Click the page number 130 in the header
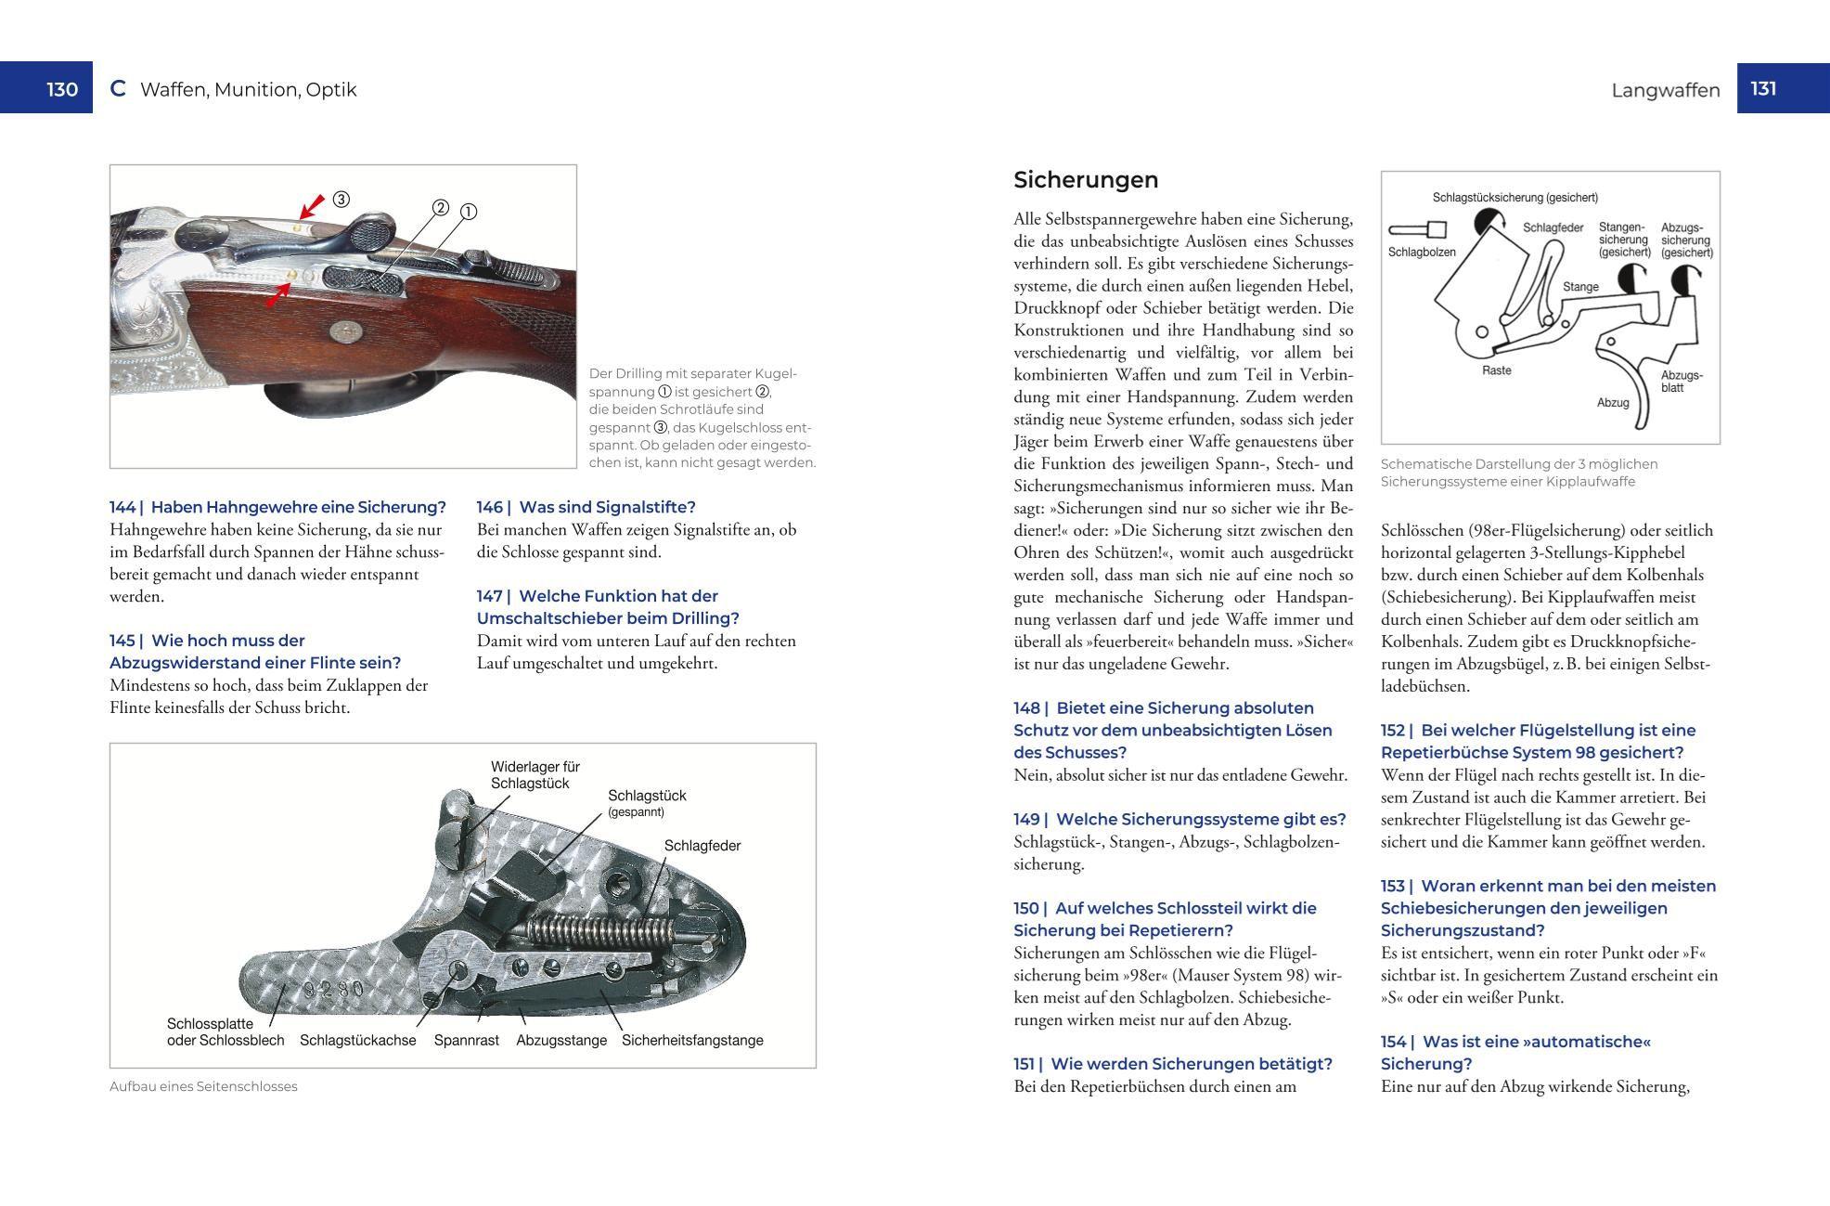point(62,89)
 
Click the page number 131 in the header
point(1763,88)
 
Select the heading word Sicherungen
point(1086,180)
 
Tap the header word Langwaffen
point(1666,90)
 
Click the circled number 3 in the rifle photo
point(342,200)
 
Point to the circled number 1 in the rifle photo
point(469,212)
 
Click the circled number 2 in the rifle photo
point(441,208)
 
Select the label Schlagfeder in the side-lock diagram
point(702,846)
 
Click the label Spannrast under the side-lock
point(467,1040)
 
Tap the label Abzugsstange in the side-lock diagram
point(561,1040)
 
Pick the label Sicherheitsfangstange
point(692,1040)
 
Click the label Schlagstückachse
point(357,1040)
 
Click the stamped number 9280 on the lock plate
point(334,990)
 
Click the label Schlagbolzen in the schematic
point(1422,252)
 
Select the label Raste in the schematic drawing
point(1497,370)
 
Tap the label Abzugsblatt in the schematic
point(1682,382)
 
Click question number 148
point(1030,708)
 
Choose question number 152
point(1397,731)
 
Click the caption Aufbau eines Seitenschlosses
point(203,1086)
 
